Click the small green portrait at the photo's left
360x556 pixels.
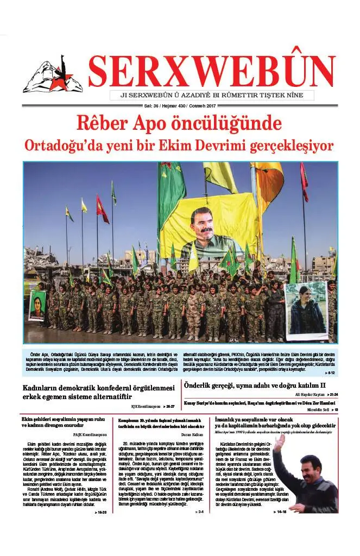click(x=37, y=306)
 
